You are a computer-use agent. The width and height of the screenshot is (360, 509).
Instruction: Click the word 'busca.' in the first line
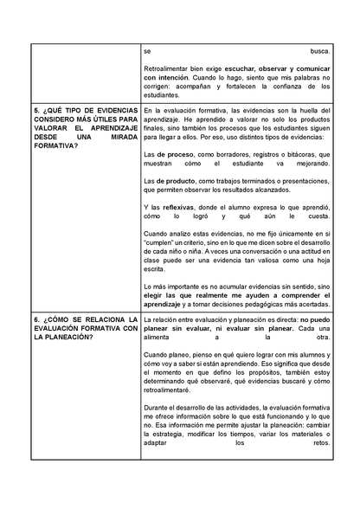319,52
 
